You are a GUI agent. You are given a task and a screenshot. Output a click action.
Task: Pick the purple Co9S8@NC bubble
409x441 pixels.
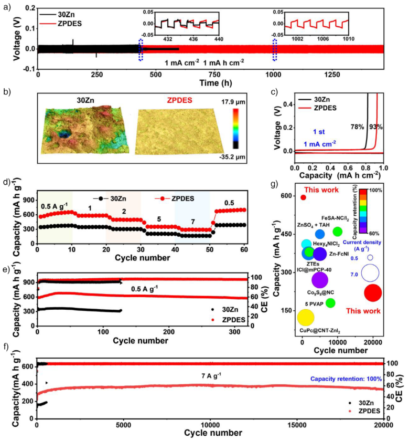pos(320,279)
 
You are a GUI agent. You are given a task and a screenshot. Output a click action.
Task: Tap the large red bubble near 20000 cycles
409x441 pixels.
pos(372,292)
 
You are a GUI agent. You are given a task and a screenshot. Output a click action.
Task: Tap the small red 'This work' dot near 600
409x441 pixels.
pos(303,197)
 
